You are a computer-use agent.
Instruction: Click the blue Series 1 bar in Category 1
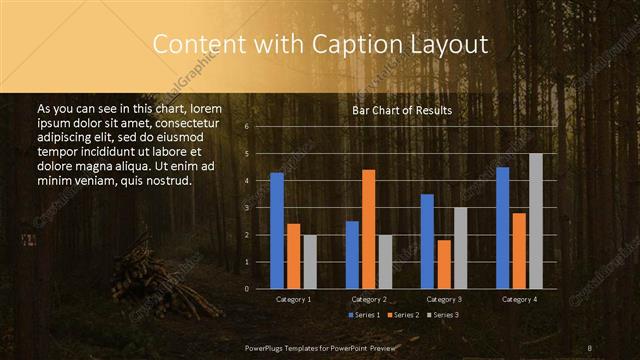point(277,231)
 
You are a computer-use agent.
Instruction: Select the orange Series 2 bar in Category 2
point(368,229)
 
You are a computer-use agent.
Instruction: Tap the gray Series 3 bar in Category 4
point(536,221)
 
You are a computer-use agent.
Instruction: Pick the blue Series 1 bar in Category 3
point(427,241)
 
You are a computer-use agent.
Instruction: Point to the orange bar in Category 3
point(443,264)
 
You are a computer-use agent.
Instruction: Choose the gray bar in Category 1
point(310,262)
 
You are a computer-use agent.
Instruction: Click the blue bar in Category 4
point(502,228)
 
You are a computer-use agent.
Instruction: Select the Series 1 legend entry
point(364,315)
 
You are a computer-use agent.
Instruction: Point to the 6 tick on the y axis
point(246,127)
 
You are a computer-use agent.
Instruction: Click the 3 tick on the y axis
point(246,208)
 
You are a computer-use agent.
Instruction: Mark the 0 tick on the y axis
point(246,289)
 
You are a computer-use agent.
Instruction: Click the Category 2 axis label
point(368,299)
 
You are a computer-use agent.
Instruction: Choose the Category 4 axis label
point(518,299)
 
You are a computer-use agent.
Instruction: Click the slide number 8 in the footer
point(590,347)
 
